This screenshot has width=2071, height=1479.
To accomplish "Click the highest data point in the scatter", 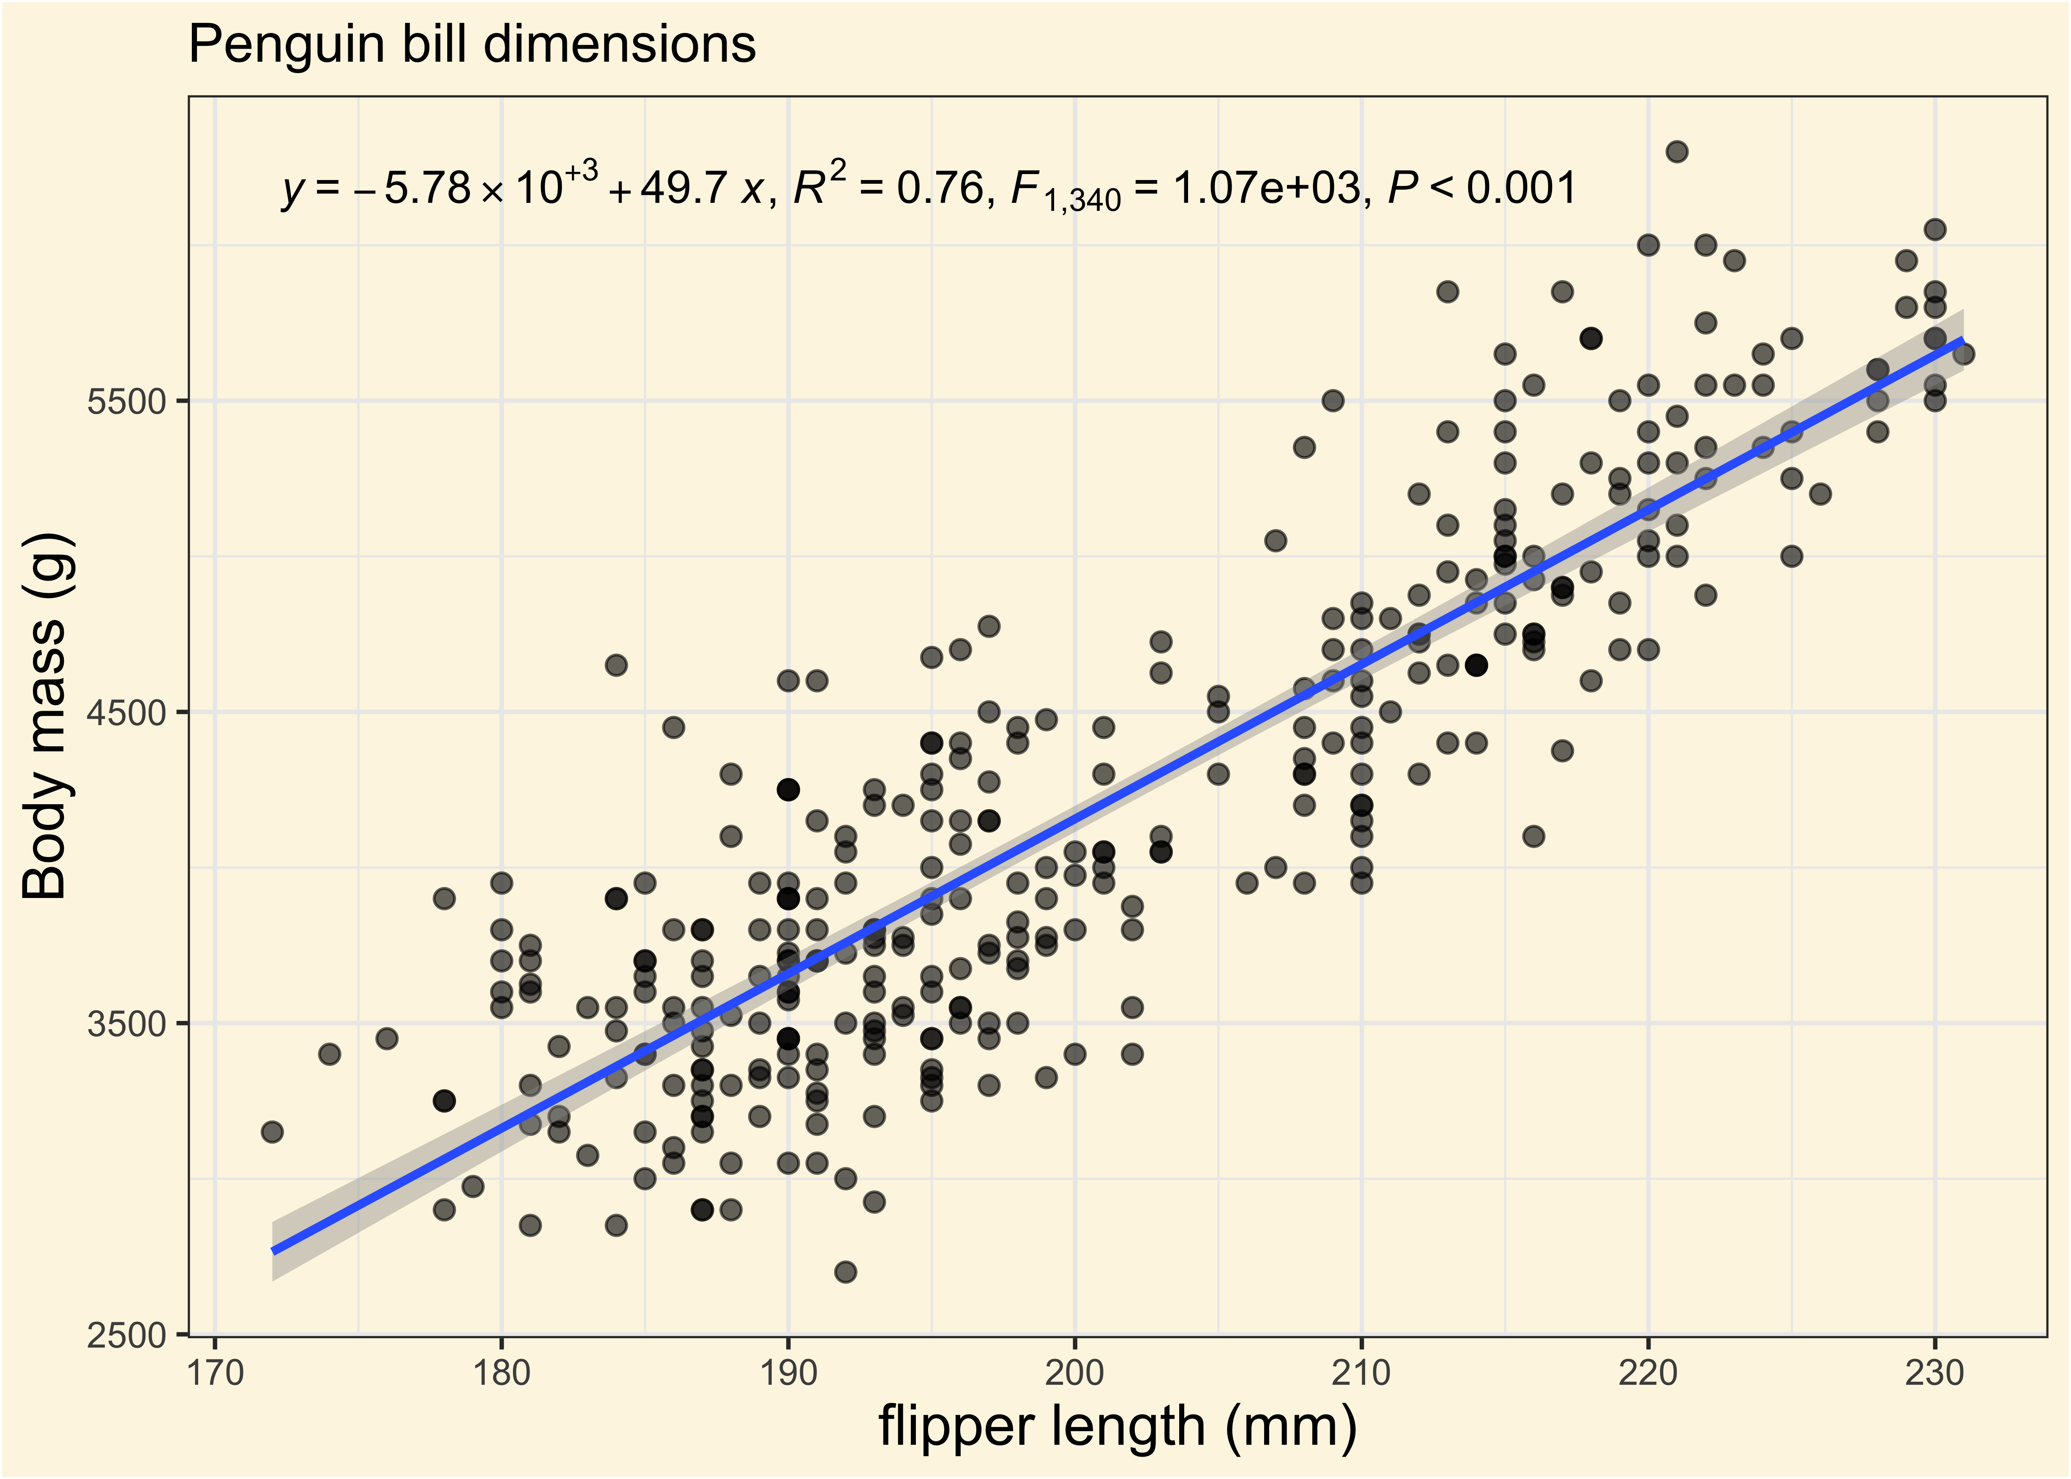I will [x=1677, y=151].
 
